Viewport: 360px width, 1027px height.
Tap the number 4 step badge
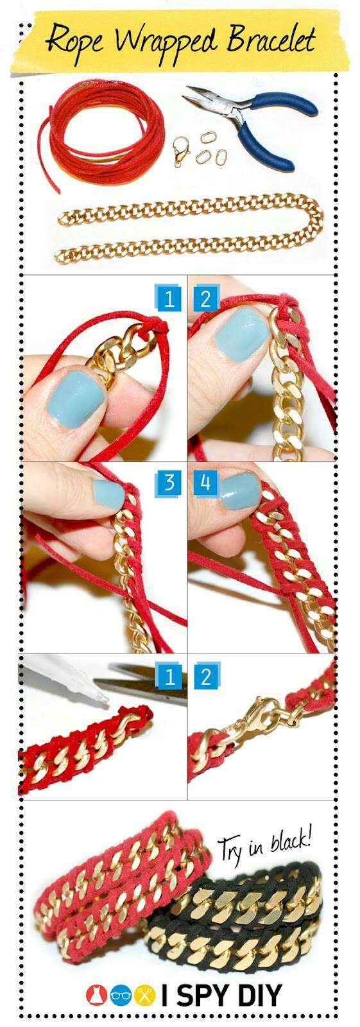pyautogui.click(x=205, y=482)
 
